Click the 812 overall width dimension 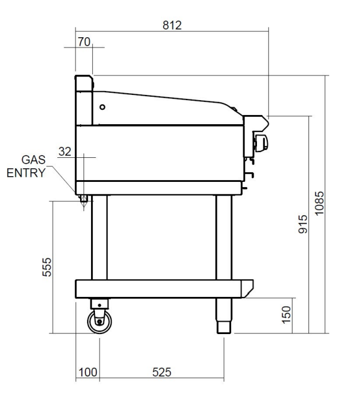(172, 25)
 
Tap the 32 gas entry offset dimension (65, 151)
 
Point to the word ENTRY (26, 173)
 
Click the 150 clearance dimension (288, 315)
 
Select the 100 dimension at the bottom (88, 372)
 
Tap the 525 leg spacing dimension (161, 372)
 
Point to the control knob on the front (260, 141)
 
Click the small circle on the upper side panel (102, 106)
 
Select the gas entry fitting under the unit (84, 199)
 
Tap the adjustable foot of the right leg (223, 328)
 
